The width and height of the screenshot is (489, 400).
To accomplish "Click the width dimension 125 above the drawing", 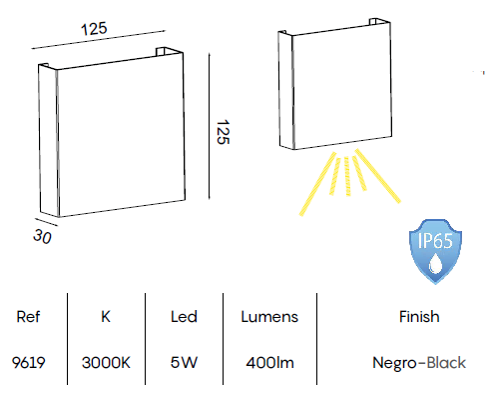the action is tap(94, 29).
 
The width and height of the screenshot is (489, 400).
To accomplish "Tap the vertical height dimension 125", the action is tap(223, 132).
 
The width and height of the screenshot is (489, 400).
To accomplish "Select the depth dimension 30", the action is tap(42, 237).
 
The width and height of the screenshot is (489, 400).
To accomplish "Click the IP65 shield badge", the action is tap(435, 251).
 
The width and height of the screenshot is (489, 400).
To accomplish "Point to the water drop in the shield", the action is tap(434, 263).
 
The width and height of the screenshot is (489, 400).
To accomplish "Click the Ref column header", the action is tap(28, 317).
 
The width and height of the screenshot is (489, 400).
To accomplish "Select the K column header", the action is tap(106, 317).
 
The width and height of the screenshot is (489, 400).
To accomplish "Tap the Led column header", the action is tap(184, 317).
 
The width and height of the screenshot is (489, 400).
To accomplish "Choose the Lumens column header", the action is tap(269, 317).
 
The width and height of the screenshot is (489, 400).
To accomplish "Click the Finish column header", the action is tap(419, 317).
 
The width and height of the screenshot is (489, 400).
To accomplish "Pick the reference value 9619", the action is tap(28, 363).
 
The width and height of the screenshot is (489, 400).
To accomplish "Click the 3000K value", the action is tap(106, 363).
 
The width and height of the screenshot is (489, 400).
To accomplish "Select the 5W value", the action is tap(184, 363).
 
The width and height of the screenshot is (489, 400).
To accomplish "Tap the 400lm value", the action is tap(269, 363).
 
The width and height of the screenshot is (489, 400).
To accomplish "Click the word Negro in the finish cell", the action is tap(394, 363).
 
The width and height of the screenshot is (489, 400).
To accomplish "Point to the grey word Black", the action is tap(446, 363).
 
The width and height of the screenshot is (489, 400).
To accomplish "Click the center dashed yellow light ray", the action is tap(347, 176).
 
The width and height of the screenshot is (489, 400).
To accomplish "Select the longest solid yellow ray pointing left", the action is tap(317, 184).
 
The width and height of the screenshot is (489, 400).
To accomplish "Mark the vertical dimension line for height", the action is tap(210, 126).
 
